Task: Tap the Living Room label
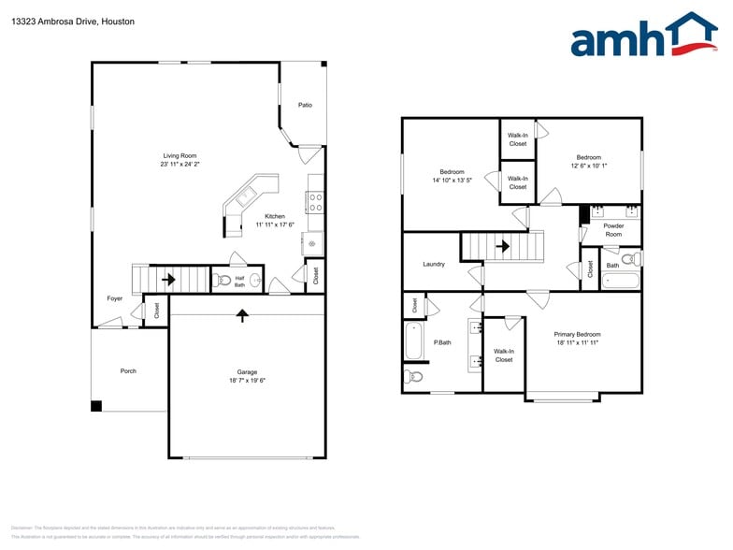point(180,155)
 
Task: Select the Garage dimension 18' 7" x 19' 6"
point(247,381)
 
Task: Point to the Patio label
point(305,105)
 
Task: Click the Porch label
point(128,371)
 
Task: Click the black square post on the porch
point(96,406)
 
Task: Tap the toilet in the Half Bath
point(223,281)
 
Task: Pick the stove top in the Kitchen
point(315,202)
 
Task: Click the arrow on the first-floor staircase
point(169,279)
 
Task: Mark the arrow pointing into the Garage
point(243,315)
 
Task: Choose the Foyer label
point(114,298)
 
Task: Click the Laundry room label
point(434,264)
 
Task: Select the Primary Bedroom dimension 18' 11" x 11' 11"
point(577,342)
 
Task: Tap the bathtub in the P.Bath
point(413,342)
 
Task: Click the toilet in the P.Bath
point(414,377)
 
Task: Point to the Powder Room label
point(612,230)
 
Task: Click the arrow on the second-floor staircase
point(503,247)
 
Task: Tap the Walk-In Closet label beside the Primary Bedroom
point(504,355)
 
